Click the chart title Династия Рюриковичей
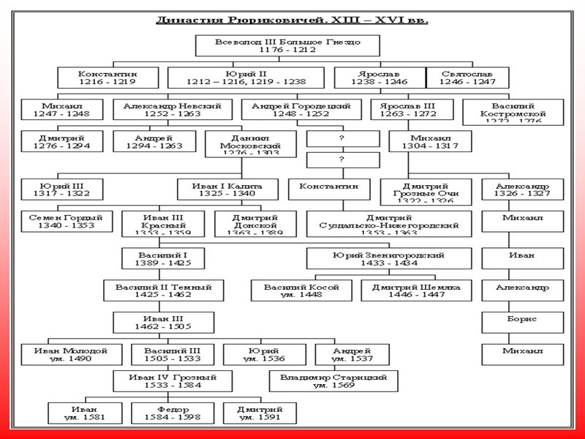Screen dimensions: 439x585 pos(292,20)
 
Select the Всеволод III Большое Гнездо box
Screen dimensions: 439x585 pos(287,46)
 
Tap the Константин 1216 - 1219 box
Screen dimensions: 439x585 pos(107,78)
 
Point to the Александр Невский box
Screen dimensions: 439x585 pos(173,110)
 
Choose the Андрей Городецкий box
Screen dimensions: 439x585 pos(301,110)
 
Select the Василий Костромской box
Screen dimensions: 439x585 pos(513,112)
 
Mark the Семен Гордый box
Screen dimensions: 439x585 pos(67,222)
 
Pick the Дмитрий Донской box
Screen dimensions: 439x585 pos(255,223)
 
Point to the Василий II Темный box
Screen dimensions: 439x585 pos(163,290)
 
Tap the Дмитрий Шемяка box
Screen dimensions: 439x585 pos(415,290)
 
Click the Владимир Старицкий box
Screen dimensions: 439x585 pos(333,381)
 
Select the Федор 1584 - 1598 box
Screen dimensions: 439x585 pos(173,413)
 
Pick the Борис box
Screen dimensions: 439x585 pos(522,323)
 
